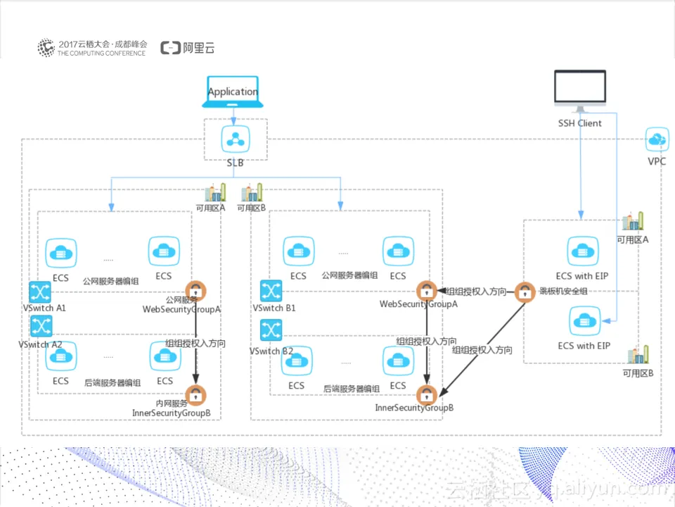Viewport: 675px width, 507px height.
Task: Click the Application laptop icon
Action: (x=233, y=92)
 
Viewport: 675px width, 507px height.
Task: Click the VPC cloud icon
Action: (x=657, y=139)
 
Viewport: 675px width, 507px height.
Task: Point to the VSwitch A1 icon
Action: (x=41, y=292)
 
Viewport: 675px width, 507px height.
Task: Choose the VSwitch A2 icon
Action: (x=41, y=326)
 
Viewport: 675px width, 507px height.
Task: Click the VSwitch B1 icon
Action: (x=271, y=291)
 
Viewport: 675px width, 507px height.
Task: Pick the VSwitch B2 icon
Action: (x=271, y=330)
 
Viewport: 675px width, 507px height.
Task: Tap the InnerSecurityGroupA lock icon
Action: (x=195, y=394)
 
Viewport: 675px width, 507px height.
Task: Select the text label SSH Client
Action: (x=579, y=123)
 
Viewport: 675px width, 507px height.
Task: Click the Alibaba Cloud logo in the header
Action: (x=187, y=48)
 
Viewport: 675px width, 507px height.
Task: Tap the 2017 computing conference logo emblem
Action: (x=46, y=48)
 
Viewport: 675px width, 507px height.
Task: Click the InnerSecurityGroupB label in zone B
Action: (x=414, y=408)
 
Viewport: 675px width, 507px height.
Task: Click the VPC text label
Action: (x=657, y=161)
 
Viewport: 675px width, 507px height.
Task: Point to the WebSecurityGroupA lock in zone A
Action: (x=195, y=290)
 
